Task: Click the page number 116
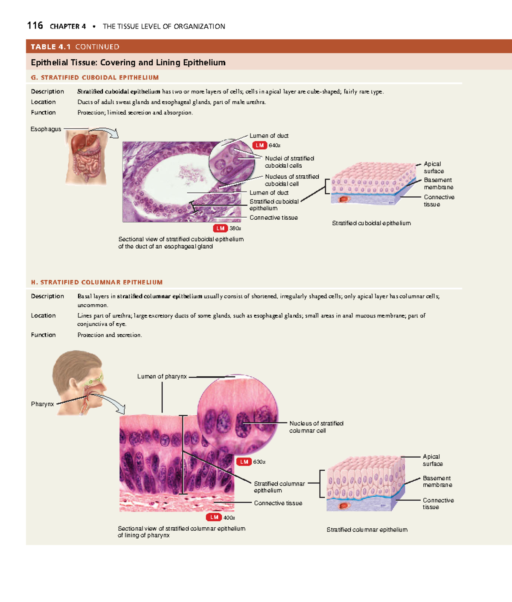pos(35,26)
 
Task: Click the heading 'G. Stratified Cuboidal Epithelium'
pos(95,78)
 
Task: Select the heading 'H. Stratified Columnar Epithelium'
pos(97,282)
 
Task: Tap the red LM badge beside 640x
pos(259,145)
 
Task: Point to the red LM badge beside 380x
pos(220,228)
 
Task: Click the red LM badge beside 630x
pos(244,462)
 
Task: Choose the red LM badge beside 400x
pos(214,518)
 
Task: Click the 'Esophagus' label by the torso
pos(46,129)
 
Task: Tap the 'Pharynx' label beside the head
pos(42,404)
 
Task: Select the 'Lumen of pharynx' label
pos(162,377)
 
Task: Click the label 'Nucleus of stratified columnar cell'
pos(316,427)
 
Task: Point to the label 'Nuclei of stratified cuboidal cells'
pos(289,162)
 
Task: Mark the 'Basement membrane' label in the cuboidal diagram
pos(438,183)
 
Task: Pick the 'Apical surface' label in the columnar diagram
pos(433,460)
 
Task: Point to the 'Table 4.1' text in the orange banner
pos(50,47)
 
